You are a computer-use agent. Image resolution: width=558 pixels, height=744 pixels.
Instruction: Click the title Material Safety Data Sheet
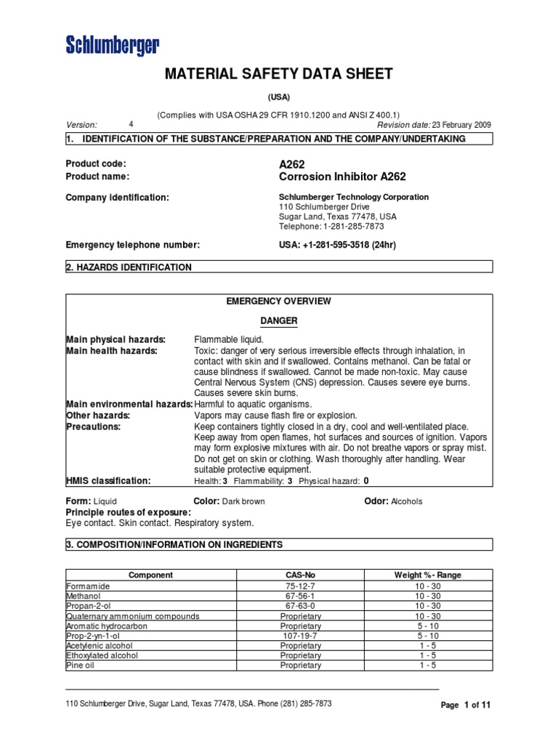[x=279, y=74]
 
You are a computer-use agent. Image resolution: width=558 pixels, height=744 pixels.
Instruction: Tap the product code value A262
[x=292, y=163]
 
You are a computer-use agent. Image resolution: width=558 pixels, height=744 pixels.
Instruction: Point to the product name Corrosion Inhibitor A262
[x=342, y=177]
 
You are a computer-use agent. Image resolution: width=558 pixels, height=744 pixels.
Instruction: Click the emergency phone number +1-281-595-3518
[x=339, y=245]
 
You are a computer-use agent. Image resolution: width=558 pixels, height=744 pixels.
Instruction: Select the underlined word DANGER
[x=279, y=320]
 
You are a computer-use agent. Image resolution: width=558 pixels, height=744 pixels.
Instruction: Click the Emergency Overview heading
[x=279, y=301]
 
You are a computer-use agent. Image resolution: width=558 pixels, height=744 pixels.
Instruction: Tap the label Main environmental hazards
[x=129, y=404]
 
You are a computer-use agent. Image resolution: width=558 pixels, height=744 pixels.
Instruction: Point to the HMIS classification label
[x=109, y=480]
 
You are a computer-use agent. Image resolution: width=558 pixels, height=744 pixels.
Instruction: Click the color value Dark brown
[x=243, y=501]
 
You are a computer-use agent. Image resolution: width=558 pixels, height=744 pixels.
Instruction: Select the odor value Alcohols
[x=406, y=501]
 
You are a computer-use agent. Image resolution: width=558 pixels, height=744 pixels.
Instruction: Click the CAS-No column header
[x=300, y=575]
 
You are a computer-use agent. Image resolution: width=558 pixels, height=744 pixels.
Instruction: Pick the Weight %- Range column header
[x=427, y=575]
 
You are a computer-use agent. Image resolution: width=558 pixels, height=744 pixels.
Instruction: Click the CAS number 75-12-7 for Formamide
[x=300, y=586]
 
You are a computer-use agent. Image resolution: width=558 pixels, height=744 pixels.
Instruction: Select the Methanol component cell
[x=84, y=596]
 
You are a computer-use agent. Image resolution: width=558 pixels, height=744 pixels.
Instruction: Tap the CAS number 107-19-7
[x=300, y=635]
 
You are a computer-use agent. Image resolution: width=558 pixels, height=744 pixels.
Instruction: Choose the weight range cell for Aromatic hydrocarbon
[x=427, y=626]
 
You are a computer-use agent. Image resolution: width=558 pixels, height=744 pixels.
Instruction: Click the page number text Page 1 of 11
[x=466, y=705]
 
